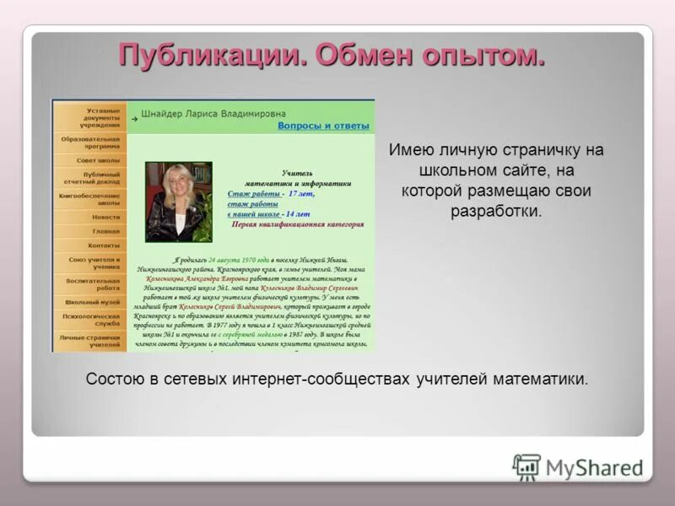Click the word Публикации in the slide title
211,56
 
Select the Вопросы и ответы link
323,126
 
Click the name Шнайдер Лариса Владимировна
213,113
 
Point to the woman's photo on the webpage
178,202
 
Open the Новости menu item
106,217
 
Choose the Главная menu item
106,231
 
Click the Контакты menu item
105,245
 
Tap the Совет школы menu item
98,159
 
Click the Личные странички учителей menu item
90,341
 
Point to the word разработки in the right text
495,211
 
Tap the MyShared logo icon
526,466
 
